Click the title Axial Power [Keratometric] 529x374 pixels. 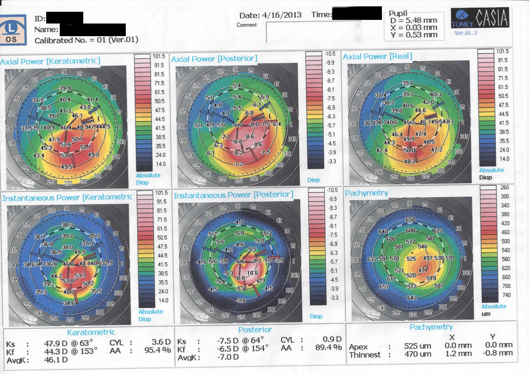50,61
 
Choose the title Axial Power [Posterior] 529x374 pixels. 214,59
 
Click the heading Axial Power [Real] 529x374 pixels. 377,57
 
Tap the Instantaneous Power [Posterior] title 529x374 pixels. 234,195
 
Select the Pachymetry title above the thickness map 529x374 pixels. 367,193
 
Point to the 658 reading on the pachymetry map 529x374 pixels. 410,220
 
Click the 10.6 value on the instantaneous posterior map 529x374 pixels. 252,273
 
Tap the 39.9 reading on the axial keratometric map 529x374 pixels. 65,88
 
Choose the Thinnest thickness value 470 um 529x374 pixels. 417,355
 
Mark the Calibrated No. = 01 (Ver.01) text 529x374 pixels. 86,40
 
